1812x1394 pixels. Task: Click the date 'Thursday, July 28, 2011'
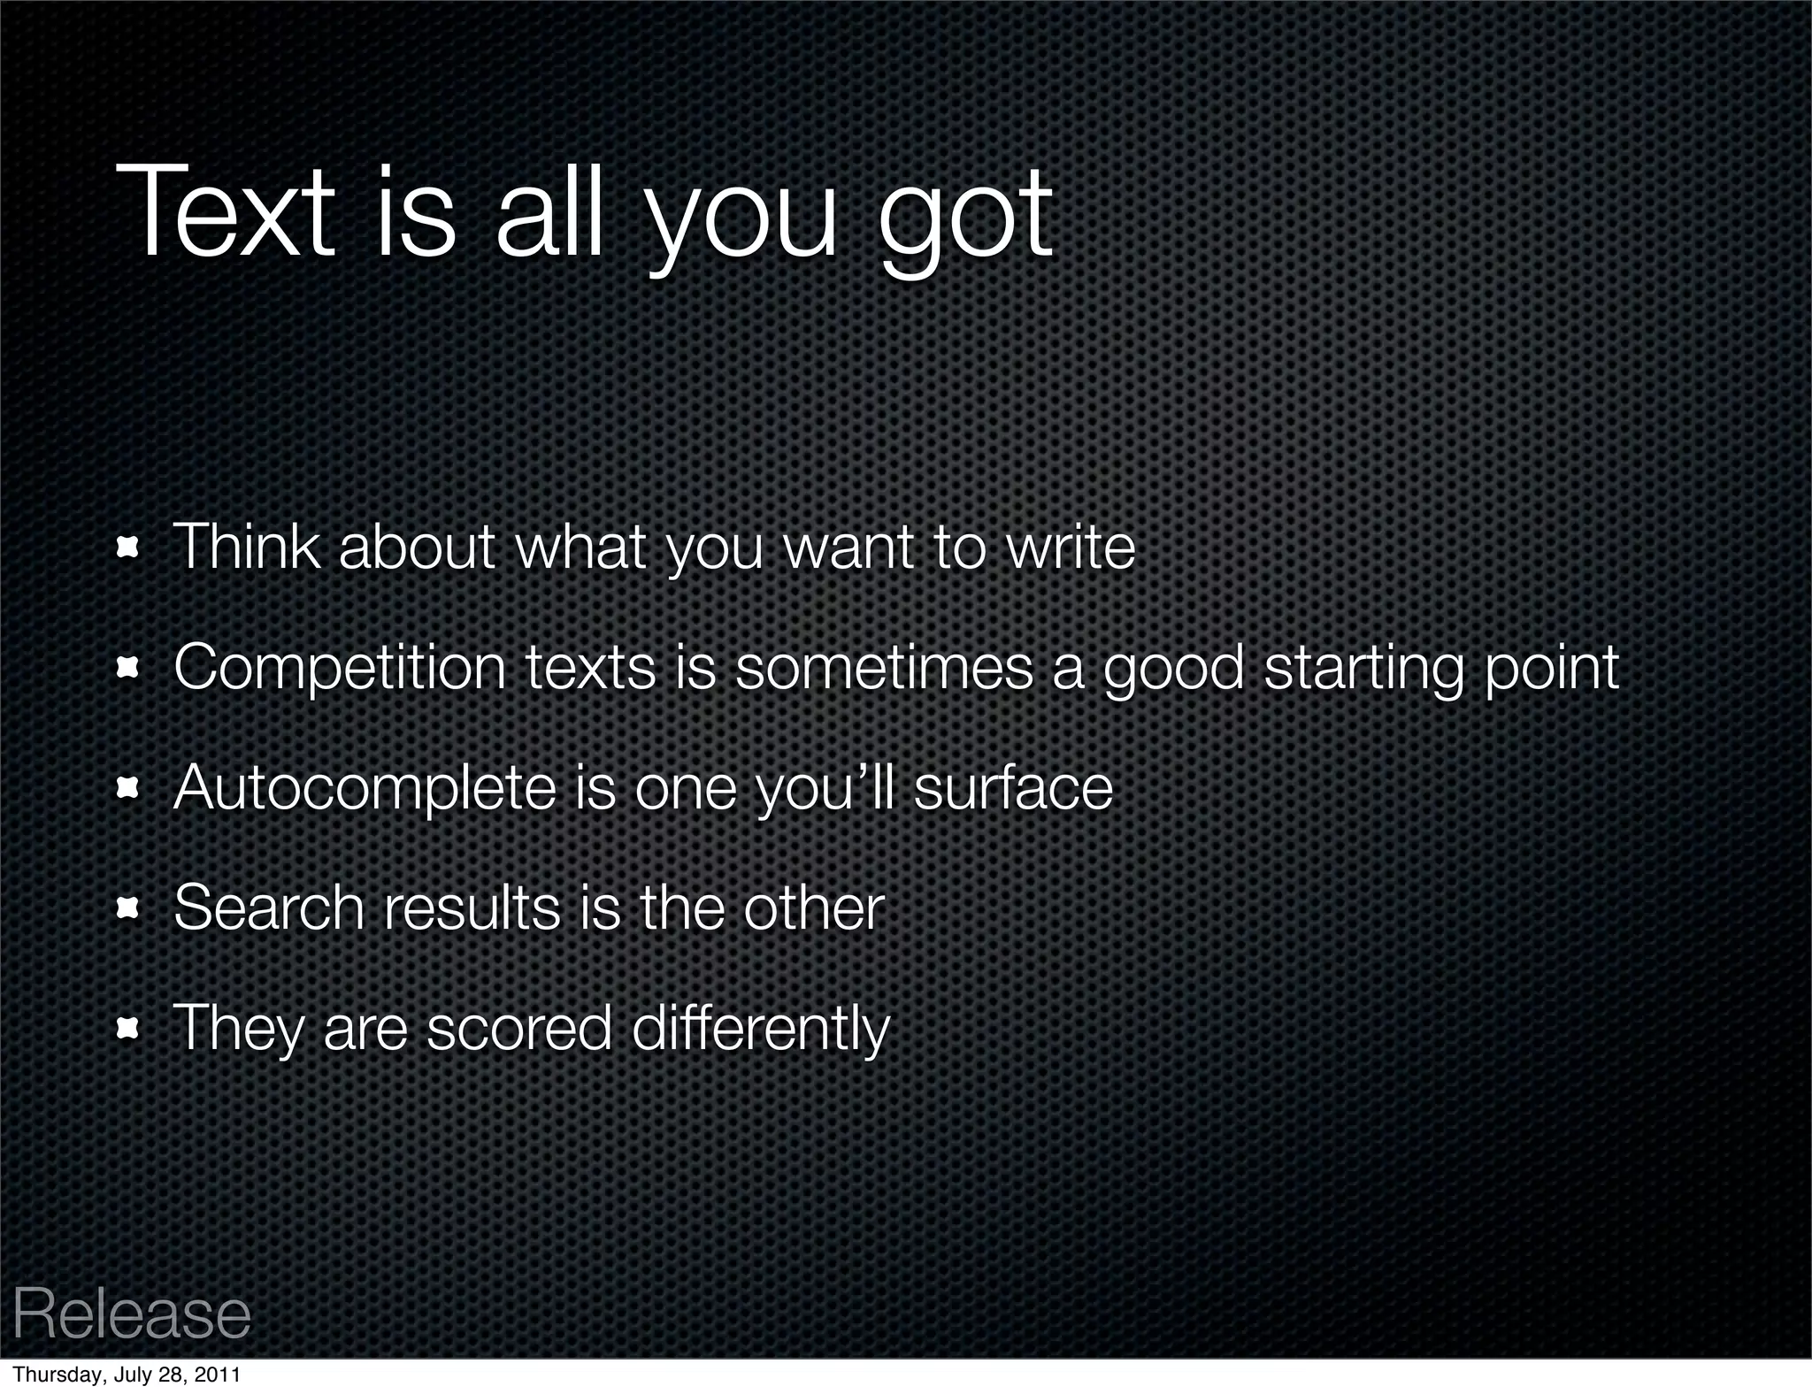[x=127, y=1375]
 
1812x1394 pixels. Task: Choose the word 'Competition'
[x=340, y=668]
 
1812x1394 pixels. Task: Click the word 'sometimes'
[x=884, y=667]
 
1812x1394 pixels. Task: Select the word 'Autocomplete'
[x=365, y=788]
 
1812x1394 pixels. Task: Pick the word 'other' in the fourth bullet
[x=813, y=908]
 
